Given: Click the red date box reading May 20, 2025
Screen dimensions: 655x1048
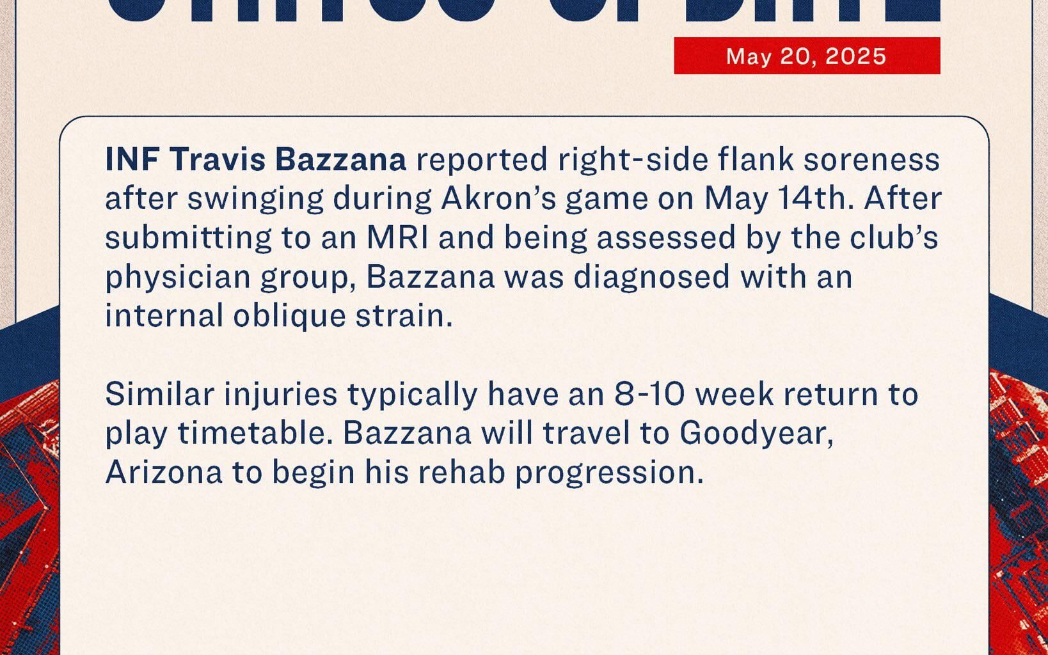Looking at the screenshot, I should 806,56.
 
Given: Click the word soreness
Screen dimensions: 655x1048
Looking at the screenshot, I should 871,159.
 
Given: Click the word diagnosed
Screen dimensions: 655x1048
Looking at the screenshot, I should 651,277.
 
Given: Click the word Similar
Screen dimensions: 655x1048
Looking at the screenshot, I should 159,394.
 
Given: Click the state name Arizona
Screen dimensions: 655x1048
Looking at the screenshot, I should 164,472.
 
